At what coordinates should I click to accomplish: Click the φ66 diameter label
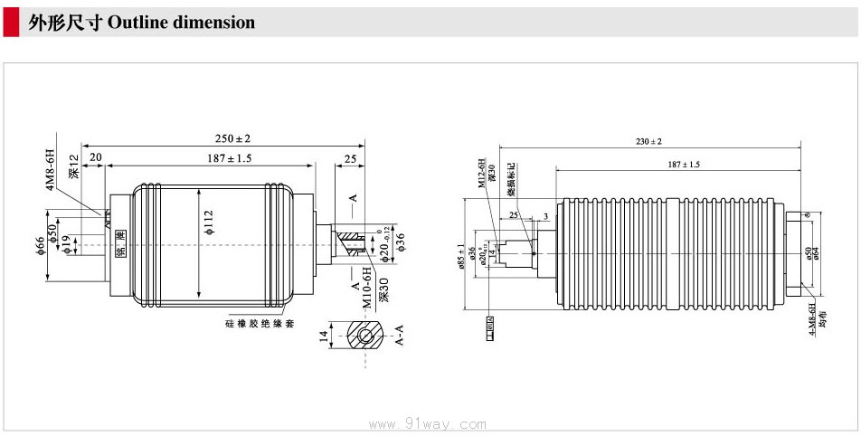(x=41, y=246)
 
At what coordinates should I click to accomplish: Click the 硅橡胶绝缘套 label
(x=260, y=322)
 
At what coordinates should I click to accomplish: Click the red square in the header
(x=10, y=22)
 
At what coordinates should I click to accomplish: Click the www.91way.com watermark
(x=430, y=423)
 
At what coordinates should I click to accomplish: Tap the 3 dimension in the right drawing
(x=545, y=216)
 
